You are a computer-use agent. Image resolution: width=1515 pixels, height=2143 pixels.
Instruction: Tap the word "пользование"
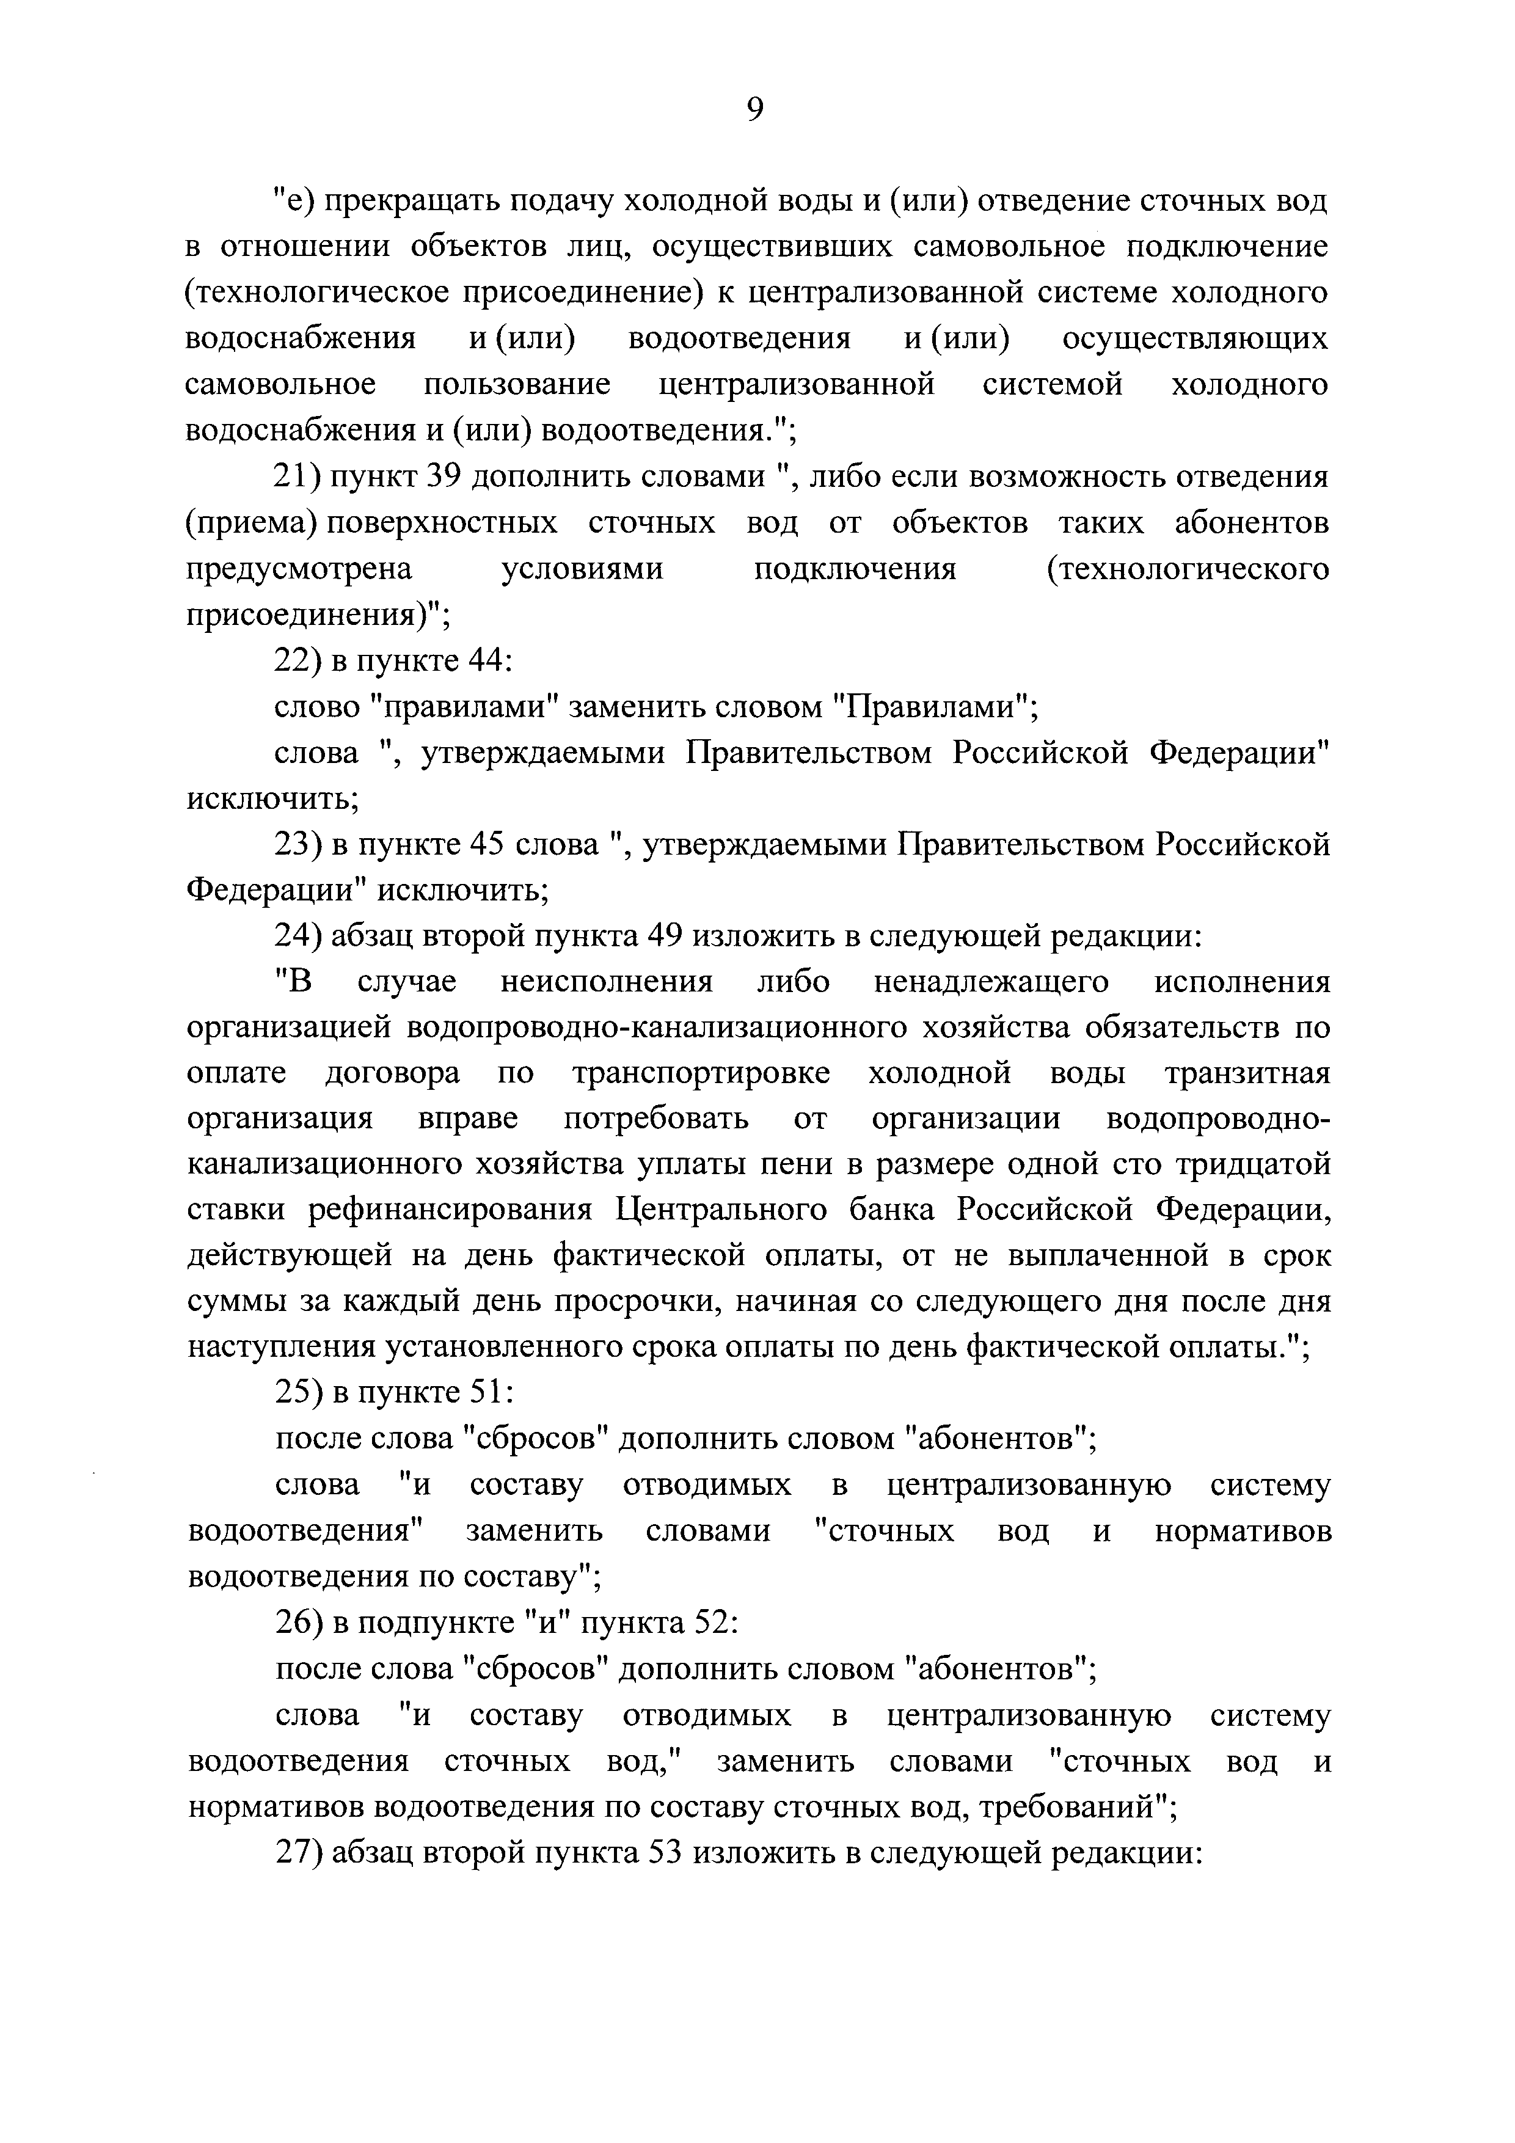517,384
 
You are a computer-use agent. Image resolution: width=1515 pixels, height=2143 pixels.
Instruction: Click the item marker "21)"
298,477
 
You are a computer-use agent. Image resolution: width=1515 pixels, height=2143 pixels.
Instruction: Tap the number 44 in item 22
484,661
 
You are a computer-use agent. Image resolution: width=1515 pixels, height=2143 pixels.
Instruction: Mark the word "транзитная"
1247,1073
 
